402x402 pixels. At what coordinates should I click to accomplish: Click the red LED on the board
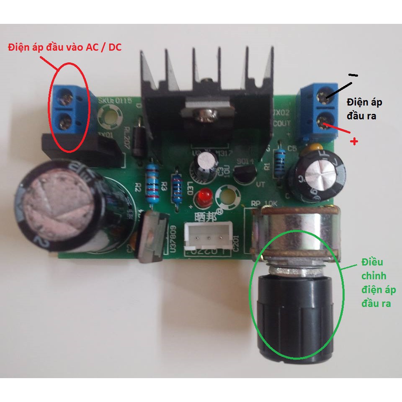pos(204,196)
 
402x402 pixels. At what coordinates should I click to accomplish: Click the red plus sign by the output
pos(354,142)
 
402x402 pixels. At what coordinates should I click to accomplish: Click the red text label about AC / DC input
pos(65,47)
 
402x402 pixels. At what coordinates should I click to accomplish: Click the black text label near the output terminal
pos(364,109)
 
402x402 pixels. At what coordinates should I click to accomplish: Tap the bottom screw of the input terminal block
pos(64,122)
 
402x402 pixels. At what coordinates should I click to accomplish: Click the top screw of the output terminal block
pos(322,97)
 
